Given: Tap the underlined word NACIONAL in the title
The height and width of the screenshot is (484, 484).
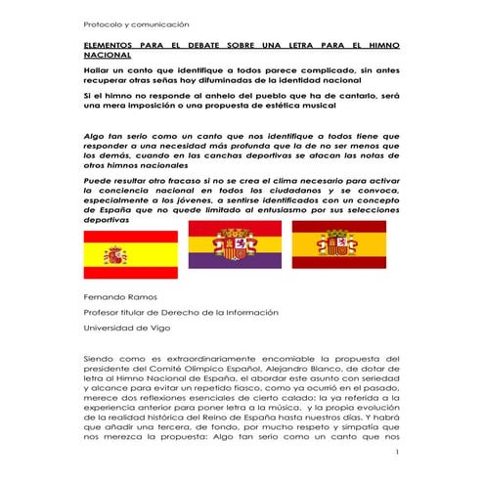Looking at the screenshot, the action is pos(106,57).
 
